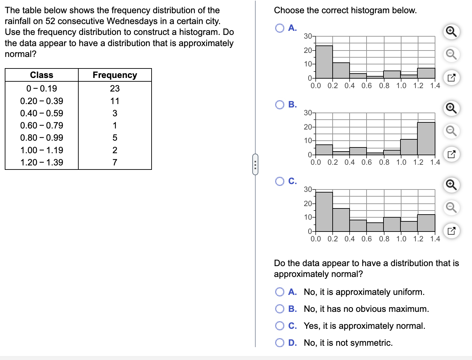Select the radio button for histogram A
[280, 28]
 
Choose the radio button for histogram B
[280, 105]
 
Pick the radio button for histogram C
[280, 181]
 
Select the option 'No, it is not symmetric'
[280, 343]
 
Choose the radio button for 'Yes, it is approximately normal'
[280, 326]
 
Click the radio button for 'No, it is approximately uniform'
[280, 292]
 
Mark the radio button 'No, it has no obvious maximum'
[280, 309]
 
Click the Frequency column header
[115, 75]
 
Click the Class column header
[42, 75]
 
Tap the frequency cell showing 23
[115, 88]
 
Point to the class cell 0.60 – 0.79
[42, 125]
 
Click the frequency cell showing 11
[115, 101]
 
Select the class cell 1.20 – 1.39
[42, 162]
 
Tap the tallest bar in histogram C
[324, 212]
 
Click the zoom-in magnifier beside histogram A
[451, 32]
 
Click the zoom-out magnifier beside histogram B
[451, 131]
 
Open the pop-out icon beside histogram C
[451, 231]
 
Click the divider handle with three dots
[255, 164]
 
